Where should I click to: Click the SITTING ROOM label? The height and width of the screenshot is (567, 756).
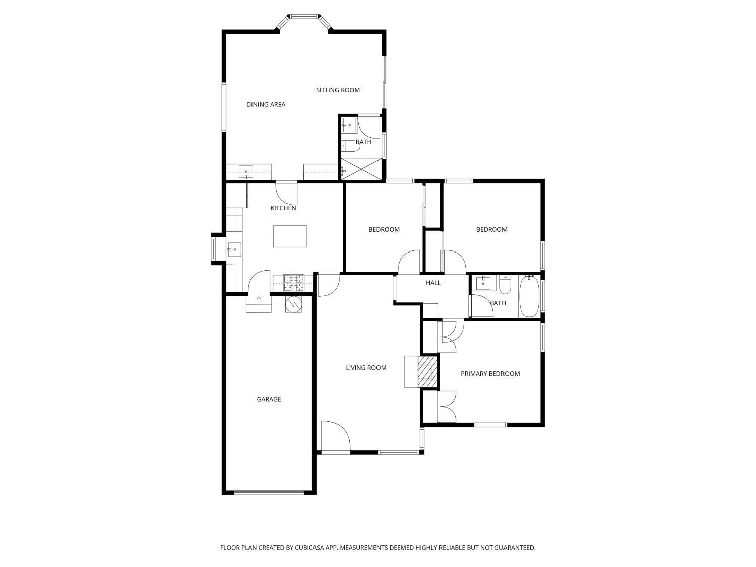[338, 90]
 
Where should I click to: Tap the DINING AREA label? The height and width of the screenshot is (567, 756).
[266, 105]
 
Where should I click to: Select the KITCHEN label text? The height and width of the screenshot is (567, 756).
[283, 208]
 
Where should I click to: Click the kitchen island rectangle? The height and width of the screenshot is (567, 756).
[290, 236]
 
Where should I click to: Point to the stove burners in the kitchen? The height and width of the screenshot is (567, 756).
[294, 283]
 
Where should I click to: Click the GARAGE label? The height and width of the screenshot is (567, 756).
[269, 399]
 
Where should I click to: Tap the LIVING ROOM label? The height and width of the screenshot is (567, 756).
[366, 368]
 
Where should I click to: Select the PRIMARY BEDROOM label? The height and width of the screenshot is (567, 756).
[490, 374]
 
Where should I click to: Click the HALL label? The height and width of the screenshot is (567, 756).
[433, 283]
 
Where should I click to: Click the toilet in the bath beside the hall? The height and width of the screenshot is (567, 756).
[505, 285]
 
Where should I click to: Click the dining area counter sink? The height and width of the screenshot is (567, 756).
[245, 172]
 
